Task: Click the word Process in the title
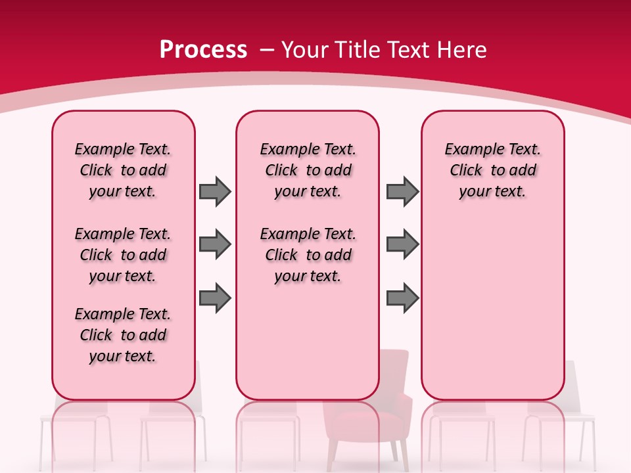pyautogui.click(x=203, y=50)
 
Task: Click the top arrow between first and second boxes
pyautogui.click(x=215, y=191)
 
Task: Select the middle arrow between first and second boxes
pyautogui.click(x=215, y=245)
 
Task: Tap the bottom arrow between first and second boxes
pyautogui.click(x=215, y=299)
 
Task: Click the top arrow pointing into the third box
pyautogui.click(x=402, y=191)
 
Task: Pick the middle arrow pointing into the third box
pyautogui.click(x=402, y=245)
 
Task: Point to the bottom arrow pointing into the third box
pyautogui.click(x=402, y=299)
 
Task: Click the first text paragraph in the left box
pyautogui.click(x=123, y=170)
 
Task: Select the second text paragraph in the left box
pyautogui.click(x=123, y=255)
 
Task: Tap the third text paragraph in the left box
pyautogui.click(x=123, y=335)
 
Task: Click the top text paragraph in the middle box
pyautogui.click(x=308, y=170)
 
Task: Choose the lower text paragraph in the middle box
pyautogui.click(x=308, y=255)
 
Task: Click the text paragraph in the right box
pyautogui.click(x=493, y=170)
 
